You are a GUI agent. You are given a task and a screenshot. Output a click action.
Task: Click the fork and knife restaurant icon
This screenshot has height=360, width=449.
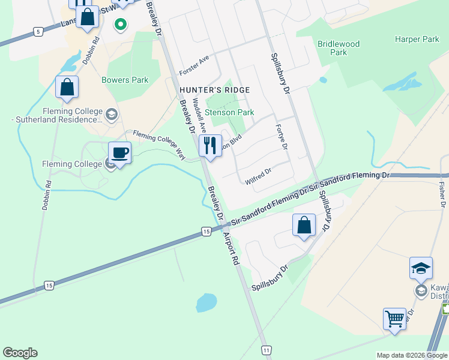point(209,146)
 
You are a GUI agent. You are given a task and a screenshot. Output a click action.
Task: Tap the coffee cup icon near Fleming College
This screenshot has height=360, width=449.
point(119,152)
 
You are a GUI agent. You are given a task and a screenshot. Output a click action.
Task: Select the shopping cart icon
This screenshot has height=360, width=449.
point(395,319)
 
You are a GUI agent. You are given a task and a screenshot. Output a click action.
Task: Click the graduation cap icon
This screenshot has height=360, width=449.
point(421,268)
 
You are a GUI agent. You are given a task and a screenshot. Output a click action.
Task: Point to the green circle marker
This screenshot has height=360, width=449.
point(121,25)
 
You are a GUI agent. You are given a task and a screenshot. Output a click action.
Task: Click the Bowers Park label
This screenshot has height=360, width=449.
point(125,80)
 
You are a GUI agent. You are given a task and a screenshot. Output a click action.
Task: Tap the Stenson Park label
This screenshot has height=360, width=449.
point(230,112)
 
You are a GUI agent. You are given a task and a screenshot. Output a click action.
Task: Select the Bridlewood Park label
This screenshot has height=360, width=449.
point(339,48)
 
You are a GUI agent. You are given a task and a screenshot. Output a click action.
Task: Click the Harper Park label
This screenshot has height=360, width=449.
point(417,40)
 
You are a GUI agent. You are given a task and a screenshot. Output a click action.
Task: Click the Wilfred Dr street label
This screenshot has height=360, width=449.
point(258,176)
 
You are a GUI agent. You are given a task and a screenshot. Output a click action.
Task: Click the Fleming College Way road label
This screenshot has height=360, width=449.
point(159,144)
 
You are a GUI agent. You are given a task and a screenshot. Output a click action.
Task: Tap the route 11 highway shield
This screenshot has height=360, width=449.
point(267,349)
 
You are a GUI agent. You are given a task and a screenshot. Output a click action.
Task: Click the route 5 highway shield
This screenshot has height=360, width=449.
point(39,31)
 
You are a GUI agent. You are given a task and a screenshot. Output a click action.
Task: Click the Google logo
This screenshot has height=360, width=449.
point(20,353)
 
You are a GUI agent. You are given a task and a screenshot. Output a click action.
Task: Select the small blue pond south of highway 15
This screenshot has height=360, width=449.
point(206,302)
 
